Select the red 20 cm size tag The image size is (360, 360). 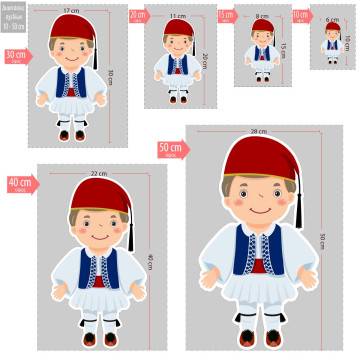(138, 16)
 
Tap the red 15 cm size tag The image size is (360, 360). (226, 16)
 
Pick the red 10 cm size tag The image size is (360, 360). (300, 16)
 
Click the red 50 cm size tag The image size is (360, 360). (171, 149)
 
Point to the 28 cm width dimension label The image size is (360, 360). (259, 132)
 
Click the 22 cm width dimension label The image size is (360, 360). (98, 173)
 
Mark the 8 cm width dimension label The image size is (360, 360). (262, 17)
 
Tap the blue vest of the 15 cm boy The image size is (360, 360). (262, 51)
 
